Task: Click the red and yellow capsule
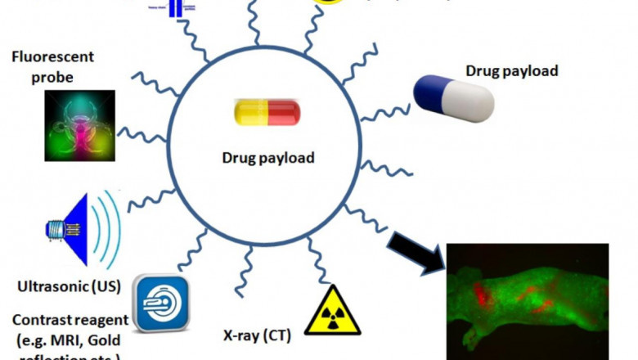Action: [267, 114]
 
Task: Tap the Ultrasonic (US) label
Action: [69, 286]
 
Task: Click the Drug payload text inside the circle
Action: [267, 156]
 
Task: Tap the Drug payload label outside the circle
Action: [511, 70]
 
